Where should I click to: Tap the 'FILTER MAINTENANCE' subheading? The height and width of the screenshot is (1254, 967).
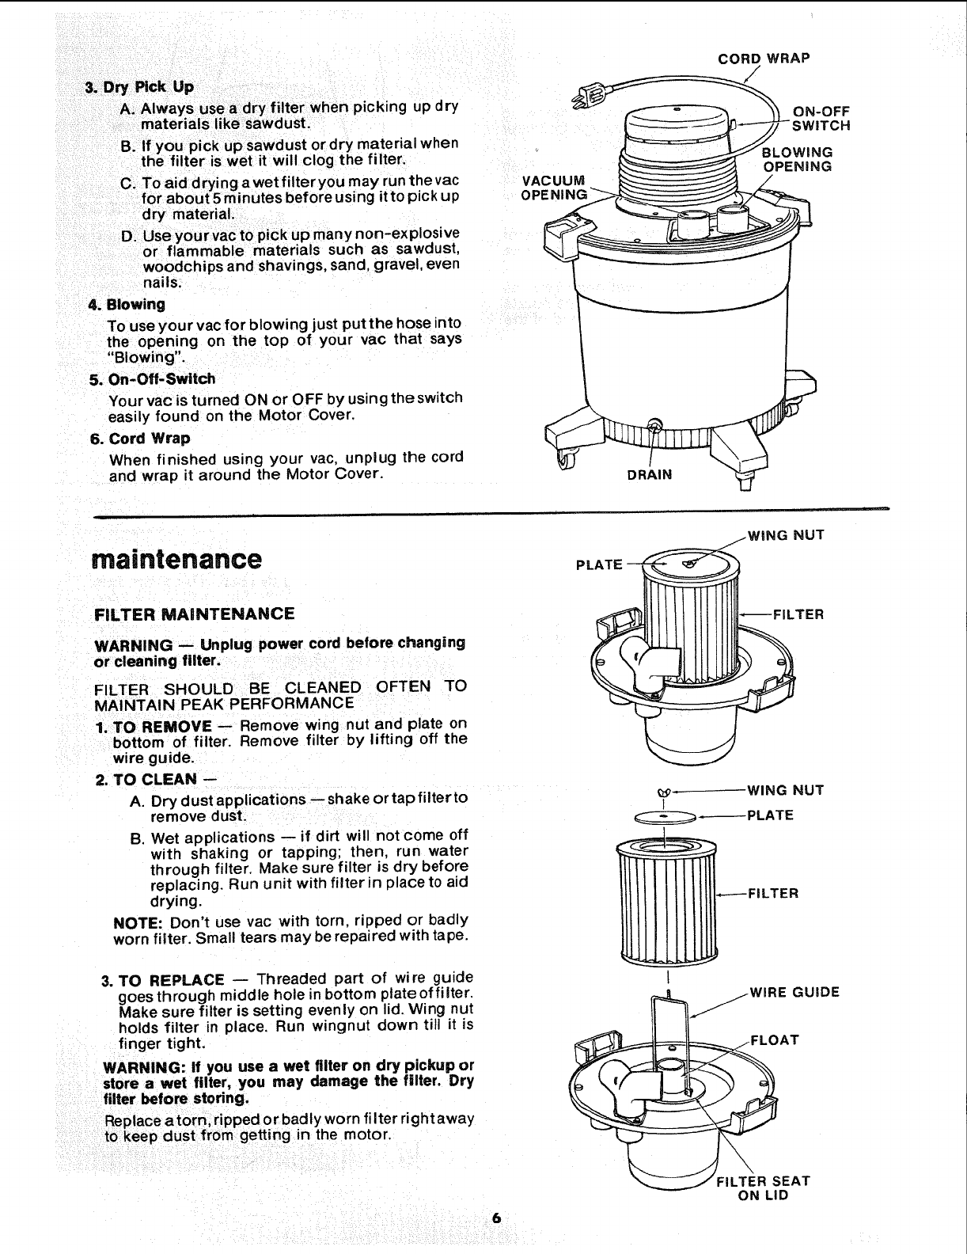coord(194,614)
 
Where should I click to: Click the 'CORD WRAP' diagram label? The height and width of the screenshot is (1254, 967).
coord(763,58)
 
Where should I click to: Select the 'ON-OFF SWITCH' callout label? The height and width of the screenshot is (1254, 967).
coord(821,119)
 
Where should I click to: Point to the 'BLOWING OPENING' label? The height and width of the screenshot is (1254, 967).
coord(796,159)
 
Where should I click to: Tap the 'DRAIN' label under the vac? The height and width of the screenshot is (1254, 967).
coord(649,475)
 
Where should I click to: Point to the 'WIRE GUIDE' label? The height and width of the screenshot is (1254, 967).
coord(794,993)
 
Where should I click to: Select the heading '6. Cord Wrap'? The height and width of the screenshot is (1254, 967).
coord(139,439)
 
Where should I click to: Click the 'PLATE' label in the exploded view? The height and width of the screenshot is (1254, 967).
coord(770,815)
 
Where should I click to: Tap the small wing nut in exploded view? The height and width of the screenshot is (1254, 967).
coord(663,791)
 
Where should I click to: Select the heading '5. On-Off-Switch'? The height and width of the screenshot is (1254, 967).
coord(152,379)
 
